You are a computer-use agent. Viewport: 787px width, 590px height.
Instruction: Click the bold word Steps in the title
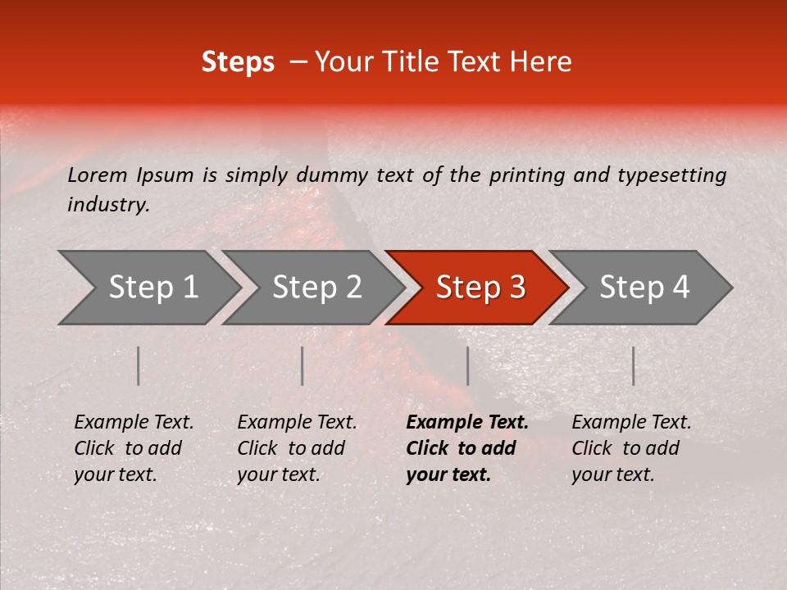pos(238,62)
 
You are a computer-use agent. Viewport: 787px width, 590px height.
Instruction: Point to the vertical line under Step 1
pos(139,365)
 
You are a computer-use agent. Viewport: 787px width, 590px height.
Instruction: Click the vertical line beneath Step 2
pos(303,365)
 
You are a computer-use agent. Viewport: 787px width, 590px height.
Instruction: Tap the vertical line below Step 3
pos(467,365)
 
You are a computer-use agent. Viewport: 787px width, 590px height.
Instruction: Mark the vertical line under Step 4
pos(633,365)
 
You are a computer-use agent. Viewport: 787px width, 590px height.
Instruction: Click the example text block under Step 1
pos(133,448)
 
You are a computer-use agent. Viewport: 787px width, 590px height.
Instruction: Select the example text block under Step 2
pos(296,448)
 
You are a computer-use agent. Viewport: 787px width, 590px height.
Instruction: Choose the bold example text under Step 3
pos(466,448)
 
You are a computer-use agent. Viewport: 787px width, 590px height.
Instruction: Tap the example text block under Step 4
pos(630,448)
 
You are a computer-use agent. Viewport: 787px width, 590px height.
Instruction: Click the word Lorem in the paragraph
pos(98,175)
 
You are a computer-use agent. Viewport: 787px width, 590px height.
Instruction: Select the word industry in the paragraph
pos(107,205)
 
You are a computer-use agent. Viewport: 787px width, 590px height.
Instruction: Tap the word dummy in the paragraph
pos(331,175)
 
